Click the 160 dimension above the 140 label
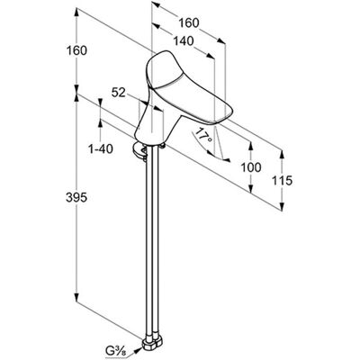189,23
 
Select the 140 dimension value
184,40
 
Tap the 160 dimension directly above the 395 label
76,50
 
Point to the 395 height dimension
76,197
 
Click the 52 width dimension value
118,93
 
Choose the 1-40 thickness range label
101,148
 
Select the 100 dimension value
251,167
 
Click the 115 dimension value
282,181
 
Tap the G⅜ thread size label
114,351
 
